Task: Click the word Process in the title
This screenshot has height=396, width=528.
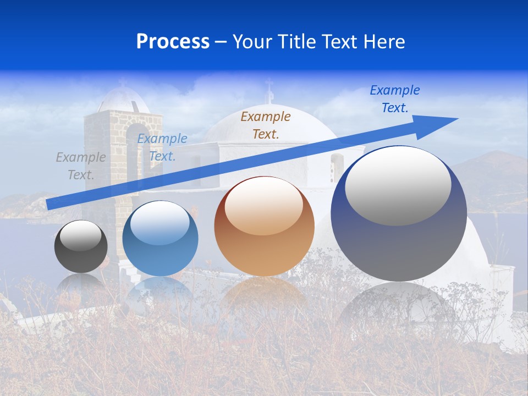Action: coord(173,42)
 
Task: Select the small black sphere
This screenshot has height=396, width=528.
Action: coord(81,246)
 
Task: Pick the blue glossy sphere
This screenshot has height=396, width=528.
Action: coord(160,239)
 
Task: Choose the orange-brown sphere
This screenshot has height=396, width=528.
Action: coord(264,227)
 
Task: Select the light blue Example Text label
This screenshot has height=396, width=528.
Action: coord(162,147)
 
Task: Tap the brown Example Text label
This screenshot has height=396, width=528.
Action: coord(266,125)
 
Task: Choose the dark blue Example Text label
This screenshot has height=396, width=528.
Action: coord(395,98)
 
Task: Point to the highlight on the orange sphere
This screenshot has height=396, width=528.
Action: coord(263,206)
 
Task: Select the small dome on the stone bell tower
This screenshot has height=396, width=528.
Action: coord(123,99)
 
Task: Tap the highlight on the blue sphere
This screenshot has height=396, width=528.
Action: coord(159,223)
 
